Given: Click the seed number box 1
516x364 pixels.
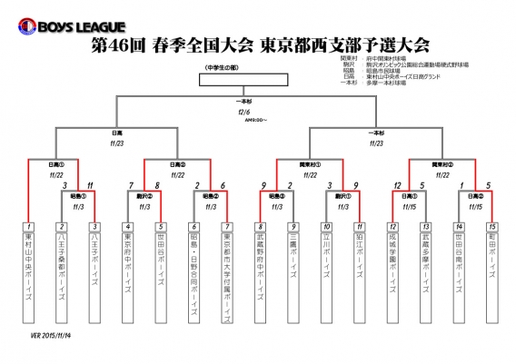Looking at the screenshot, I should coord(29,226).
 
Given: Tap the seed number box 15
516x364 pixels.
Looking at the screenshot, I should coord(491,226).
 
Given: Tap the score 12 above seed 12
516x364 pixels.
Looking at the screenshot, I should coord(397,185).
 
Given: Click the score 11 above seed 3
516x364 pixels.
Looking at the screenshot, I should coord(90,185).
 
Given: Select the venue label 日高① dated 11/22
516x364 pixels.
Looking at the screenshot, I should coord(56,164).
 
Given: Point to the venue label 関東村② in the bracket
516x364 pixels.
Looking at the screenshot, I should coord(442,164).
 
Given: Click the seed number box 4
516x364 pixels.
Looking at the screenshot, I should coord(128,226).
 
